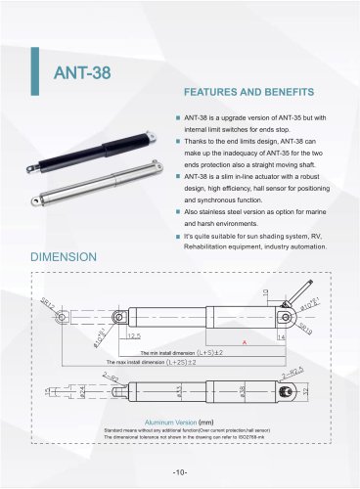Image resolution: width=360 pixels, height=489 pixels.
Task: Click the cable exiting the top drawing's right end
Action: (x=306, y=290)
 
